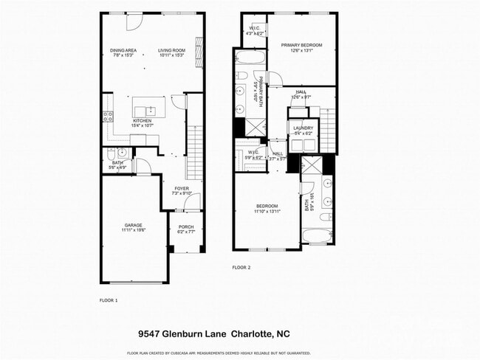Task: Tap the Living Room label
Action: [171, 50]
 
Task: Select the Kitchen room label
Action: [142, 120]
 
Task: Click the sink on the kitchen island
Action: [149, 110]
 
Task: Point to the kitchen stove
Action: [108, 116]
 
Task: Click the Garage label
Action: [133, 227]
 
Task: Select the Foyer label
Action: [181, 189]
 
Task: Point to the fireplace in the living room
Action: [197, 51]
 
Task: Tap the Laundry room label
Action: [303, 128]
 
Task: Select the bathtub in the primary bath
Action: [244, 58]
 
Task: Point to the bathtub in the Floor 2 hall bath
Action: [318, 236]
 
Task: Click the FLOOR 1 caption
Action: [109, 300]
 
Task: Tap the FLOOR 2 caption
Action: [242, 267]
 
